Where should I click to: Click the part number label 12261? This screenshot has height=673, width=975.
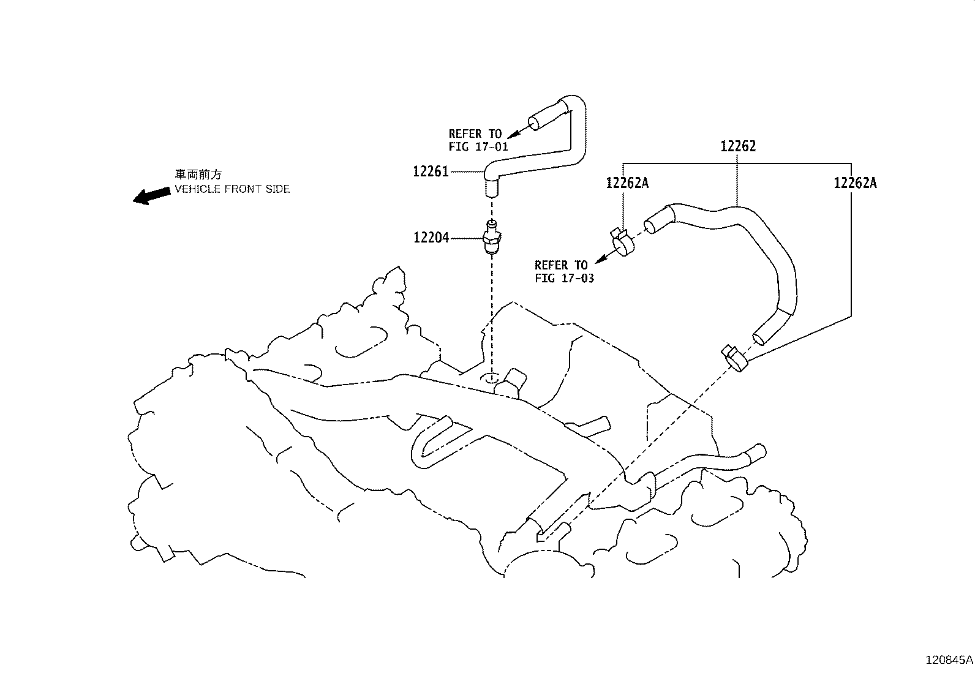431,172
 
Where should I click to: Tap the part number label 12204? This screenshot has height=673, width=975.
431,238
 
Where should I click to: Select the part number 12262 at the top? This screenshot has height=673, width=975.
738,146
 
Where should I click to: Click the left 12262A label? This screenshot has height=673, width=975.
627,182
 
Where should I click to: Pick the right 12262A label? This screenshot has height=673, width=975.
855,182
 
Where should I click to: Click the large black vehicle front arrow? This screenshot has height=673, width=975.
152,195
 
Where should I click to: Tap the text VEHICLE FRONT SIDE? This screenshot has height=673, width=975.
232,189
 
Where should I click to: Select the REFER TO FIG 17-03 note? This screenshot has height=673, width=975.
563,271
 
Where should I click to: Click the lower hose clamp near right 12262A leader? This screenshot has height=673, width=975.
734,358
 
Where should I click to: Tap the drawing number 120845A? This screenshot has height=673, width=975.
948,660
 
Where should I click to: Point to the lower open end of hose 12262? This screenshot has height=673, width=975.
760,336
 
